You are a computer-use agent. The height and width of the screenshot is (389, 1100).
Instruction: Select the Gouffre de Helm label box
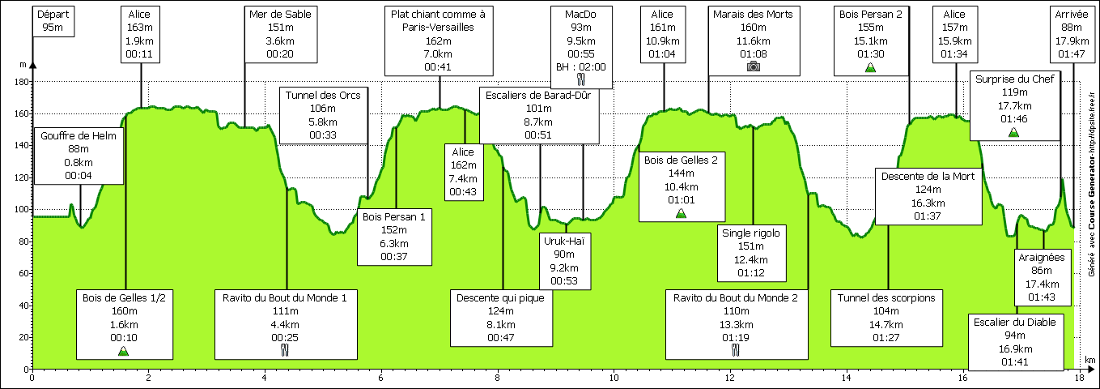tap(79, 152)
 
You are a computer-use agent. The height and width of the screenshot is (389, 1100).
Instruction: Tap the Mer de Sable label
tap(280, 34)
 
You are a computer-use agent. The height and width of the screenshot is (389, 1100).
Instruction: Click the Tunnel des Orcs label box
tap(322, 114)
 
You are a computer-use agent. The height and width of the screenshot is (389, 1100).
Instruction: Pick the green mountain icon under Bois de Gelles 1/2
tap(123, 351)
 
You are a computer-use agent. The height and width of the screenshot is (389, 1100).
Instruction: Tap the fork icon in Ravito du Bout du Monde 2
tap(736, 350)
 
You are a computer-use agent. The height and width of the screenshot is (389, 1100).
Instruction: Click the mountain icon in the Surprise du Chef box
tap(1013, 131)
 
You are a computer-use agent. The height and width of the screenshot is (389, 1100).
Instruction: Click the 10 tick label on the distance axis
tap(614, 377)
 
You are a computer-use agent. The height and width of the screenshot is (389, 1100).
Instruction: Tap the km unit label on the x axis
tap(1089, 360)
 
